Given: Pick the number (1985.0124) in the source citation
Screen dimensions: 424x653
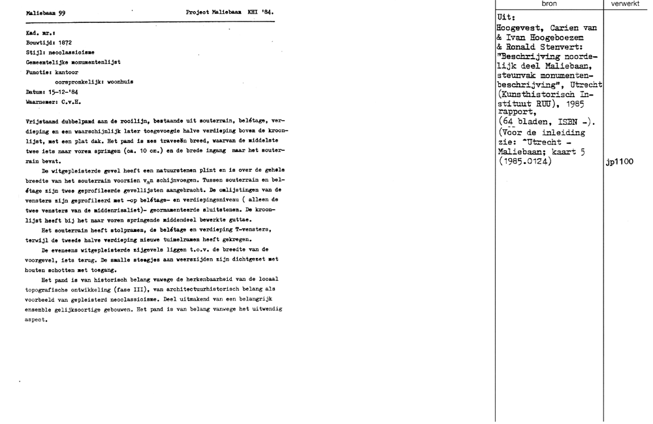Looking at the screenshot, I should [x=524, y=161].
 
